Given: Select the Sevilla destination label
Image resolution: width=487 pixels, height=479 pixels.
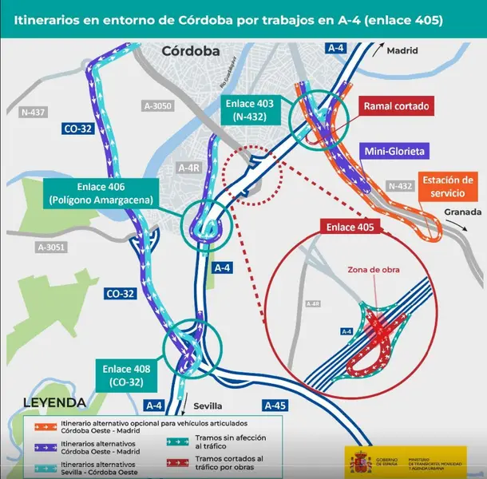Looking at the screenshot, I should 210,405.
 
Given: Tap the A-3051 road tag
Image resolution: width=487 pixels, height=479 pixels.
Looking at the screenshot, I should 51,247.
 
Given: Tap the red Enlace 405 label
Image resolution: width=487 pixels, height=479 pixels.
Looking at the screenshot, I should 352,228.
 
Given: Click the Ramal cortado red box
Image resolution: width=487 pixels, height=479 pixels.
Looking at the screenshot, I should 397,105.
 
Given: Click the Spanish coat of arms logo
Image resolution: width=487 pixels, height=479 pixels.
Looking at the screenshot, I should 358,461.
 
